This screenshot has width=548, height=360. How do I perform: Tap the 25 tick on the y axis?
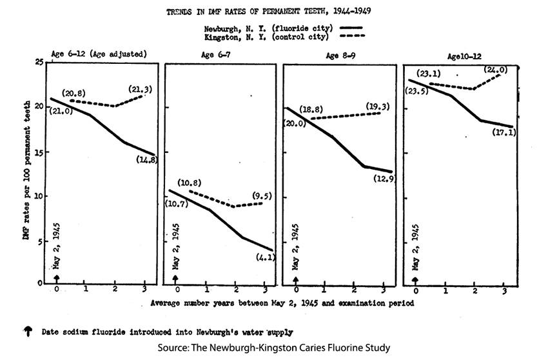(39, 62)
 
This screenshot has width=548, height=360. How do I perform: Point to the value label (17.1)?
(503, 133)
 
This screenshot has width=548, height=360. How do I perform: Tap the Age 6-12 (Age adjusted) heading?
(99, 54)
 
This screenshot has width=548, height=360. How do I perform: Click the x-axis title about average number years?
(282, 302)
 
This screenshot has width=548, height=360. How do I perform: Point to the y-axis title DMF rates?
(26, 172)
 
